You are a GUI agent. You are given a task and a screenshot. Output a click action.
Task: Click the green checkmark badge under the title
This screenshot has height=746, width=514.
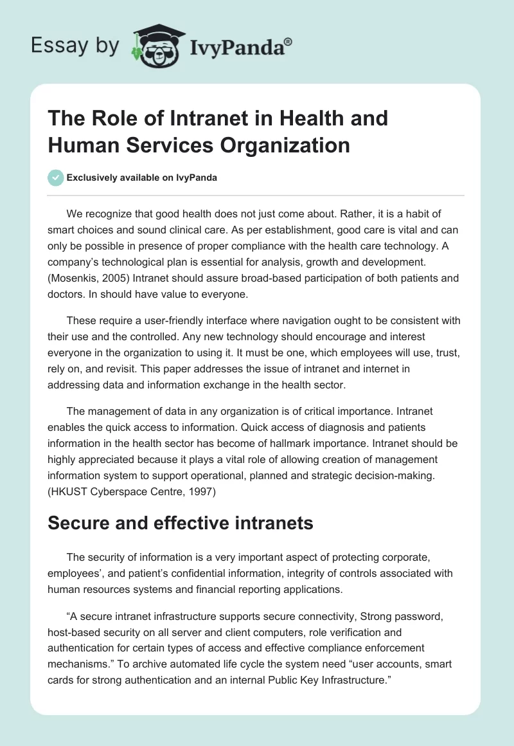tap(56, 177)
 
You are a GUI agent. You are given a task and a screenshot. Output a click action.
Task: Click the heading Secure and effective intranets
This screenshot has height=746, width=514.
tap(181, 523)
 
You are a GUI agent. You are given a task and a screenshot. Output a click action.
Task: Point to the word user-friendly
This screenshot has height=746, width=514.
tap(174, 320)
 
